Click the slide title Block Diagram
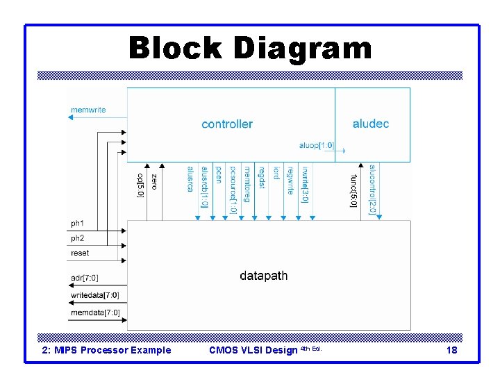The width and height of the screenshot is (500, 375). click(x=250, y=49)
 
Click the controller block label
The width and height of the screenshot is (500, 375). click(x=227, y=124)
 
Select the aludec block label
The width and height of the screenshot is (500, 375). click(x=371, y=124)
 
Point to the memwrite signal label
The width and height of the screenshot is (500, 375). click(x=88, y=110)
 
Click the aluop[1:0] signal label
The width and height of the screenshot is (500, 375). click(x=316, y=146)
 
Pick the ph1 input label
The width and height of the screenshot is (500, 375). click(x=77, y=224)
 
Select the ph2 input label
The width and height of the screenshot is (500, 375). click(x=77, y=238)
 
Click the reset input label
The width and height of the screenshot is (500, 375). click(x=80, y=253)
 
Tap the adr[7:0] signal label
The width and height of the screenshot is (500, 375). click(x=85, y=278)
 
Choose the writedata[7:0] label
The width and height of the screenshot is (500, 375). click(x=95, y=295)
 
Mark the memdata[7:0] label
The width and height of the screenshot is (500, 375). click(x=95, y=312)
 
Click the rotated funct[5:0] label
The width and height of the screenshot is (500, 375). click(x=353, y=189)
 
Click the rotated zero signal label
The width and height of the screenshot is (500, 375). click(x=154, y=182)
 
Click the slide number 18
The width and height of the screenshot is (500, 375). click(x=451, y=350)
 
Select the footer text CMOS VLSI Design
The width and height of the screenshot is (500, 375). click(x=253, y=350)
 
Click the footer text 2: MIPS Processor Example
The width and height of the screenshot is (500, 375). click(x=107, y=350)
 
